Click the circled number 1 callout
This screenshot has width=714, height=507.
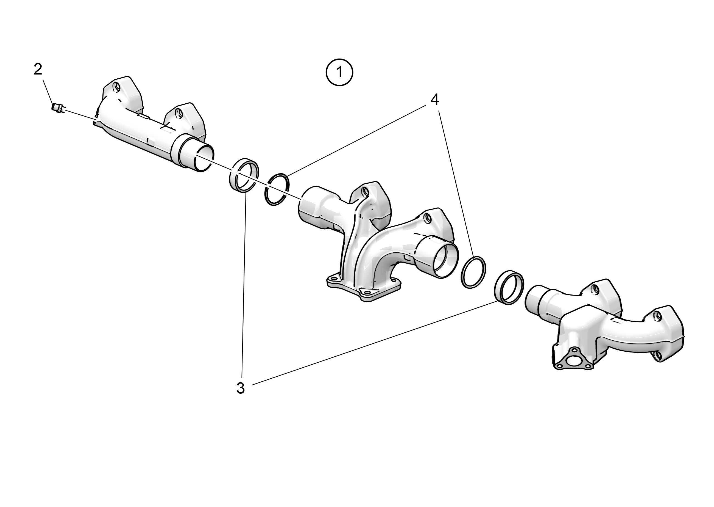(x=339, y=72)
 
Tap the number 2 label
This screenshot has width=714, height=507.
(x=38, y=69)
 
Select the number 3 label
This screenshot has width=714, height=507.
(x=240, y=388)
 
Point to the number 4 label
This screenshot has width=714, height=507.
(x=435, y=100)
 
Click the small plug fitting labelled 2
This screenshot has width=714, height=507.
(x=58, y=108)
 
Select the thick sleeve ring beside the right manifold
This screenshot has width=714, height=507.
(x=509, y=288)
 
